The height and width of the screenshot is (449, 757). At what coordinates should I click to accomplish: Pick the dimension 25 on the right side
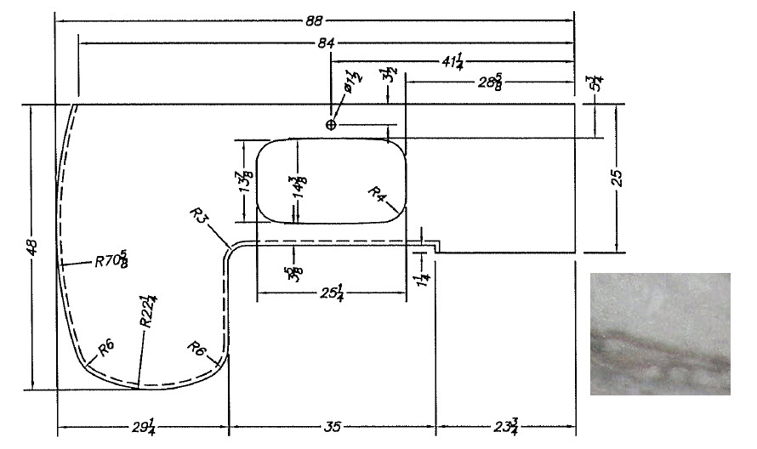click(x=618, y=178)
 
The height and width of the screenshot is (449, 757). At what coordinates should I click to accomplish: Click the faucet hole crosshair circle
click(x=331, y=125)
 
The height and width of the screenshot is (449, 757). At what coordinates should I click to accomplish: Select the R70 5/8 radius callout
click(x=112, y=259)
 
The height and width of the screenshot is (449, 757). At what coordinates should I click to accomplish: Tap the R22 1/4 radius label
click(x=149, y=312)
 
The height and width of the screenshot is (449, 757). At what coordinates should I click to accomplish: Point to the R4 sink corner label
click(x=378, y=195)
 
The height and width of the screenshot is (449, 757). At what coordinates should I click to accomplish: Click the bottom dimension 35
click(x=332, y=426)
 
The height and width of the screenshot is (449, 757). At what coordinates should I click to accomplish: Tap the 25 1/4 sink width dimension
click(x=332, y=293)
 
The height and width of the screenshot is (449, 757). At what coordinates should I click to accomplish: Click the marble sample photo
click(x=660, y=333)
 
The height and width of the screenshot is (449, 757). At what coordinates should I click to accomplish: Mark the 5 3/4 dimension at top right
click(x=593, y=86)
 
